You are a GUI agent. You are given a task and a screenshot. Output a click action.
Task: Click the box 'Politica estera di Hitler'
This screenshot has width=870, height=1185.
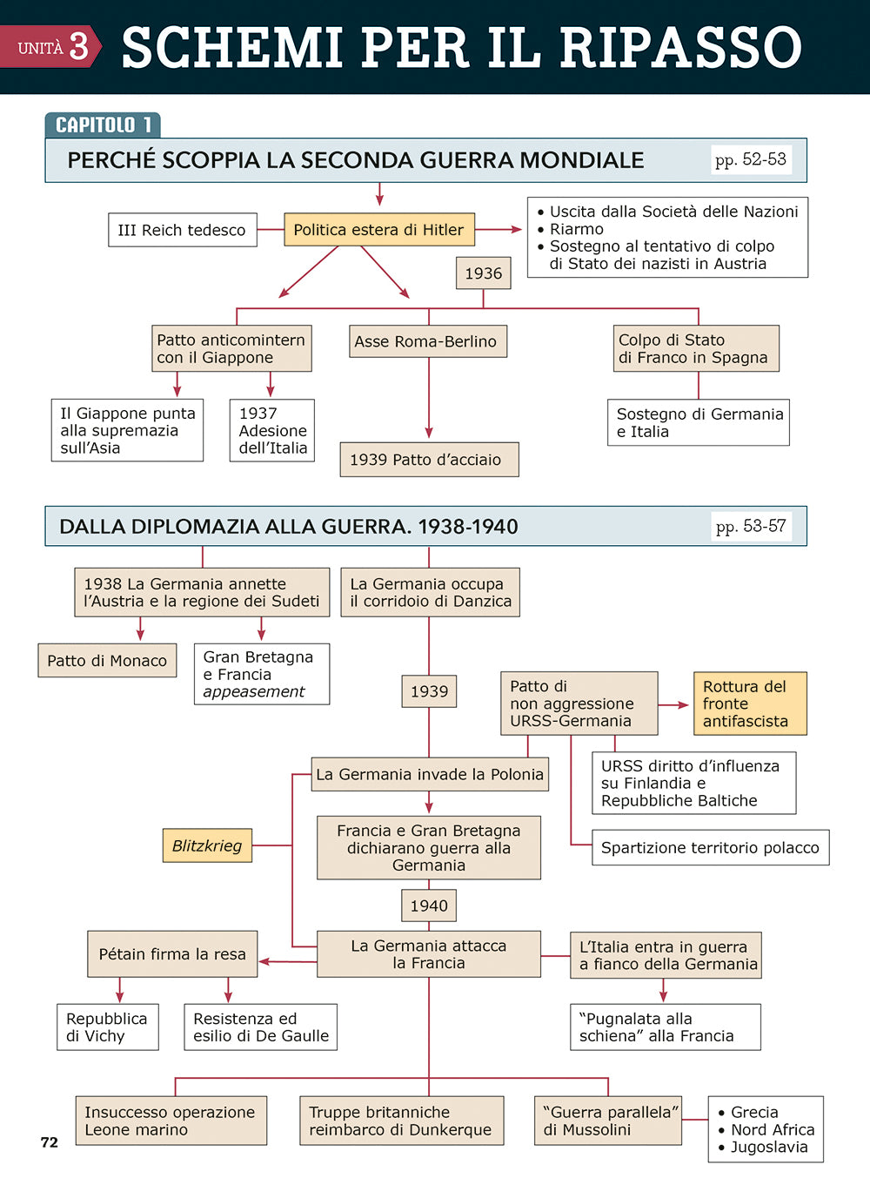[x=378, y=230]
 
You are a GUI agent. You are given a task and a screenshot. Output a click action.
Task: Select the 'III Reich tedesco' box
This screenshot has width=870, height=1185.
[x=182, y=230]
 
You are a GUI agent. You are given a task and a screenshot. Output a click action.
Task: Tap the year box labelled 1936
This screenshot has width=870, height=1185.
[x=483, y=273]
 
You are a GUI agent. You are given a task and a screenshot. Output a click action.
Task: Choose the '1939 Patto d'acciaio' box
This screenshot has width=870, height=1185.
[x=428, y=460]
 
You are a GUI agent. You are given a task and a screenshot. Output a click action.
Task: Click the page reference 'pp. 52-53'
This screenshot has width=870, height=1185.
[x=750, y=159]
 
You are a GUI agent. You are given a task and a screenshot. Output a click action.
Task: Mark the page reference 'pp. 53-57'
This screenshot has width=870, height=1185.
[x=751, y=526]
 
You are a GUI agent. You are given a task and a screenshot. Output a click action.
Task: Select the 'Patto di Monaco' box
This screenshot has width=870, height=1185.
[x=107, y=661]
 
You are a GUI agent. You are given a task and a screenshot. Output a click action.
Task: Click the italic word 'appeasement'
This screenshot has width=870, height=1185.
[x=254, y=691]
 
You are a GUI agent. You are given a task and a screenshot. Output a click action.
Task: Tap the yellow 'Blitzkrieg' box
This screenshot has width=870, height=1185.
[x=207, y=845]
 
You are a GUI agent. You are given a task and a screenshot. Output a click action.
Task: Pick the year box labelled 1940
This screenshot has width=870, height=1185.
[x=429, y=906]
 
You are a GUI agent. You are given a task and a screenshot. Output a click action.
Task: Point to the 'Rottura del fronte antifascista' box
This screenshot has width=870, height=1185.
[x=749, y=704]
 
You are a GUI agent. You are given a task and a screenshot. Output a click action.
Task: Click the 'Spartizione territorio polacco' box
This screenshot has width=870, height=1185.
[x=710, y=847]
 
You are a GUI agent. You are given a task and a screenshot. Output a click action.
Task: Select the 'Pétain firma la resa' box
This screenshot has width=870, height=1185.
[x=172, y=954]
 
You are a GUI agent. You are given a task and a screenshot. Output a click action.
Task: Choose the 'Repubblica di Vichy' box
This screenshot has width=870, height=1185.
[x=107, y=1027]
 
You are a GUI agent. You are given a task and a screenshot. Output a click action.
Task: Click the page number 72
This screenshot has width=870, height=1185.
[x=50, y=1142]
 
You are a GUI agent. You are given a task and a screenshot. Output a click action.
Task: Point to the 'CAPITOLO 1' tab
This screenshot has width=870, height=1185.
[x=103, y=125]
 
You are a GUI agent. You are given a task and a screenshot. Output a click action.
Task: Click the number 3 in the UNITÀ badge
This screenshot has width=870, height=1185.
[x=79, y=46]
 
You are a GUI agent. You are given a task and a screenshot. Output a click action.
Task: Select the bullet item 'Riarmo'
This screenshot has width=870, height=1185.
[x=576, y=229]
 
